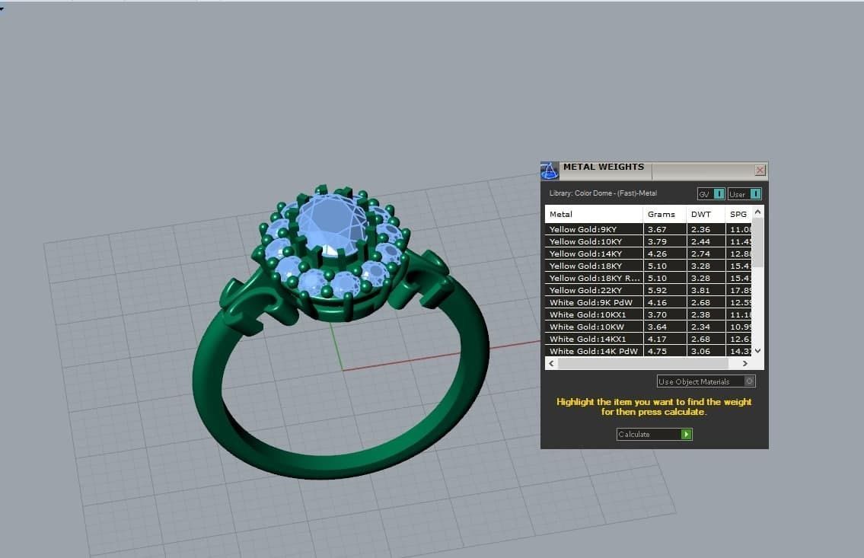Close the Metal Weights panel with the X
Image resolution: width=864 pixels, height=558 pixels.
[760, 171]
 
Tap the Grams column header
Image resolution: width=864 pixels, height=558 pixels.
[661, 214]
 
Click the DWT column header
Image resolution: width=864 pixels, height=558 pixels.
[700, 214]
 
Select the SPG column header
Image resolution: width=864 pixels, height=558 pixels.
[738, 214]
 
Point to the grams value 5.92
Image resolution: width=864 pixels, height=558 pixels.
[656, 290]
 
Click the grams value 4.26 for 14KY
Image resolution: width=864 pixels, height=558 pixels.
[656, 253]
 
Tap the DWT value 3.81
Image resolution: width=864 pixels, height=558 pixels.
[700, 290]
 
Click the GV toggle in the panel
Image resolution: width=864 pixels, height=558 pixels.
[711, 194]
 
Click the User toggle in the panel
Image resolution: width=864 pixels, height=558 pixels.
[744, 194]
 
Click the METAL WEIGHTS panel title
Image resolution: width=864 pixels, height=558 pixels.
[603, 167]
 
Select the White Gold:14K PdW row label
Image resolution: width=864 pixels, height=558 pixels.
[593, 351]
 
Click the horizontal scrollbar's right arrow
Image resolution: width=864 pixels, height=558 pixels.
[744, 364]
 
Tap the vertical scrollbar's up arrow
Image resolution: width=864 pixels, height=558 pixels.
[757, 212]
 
